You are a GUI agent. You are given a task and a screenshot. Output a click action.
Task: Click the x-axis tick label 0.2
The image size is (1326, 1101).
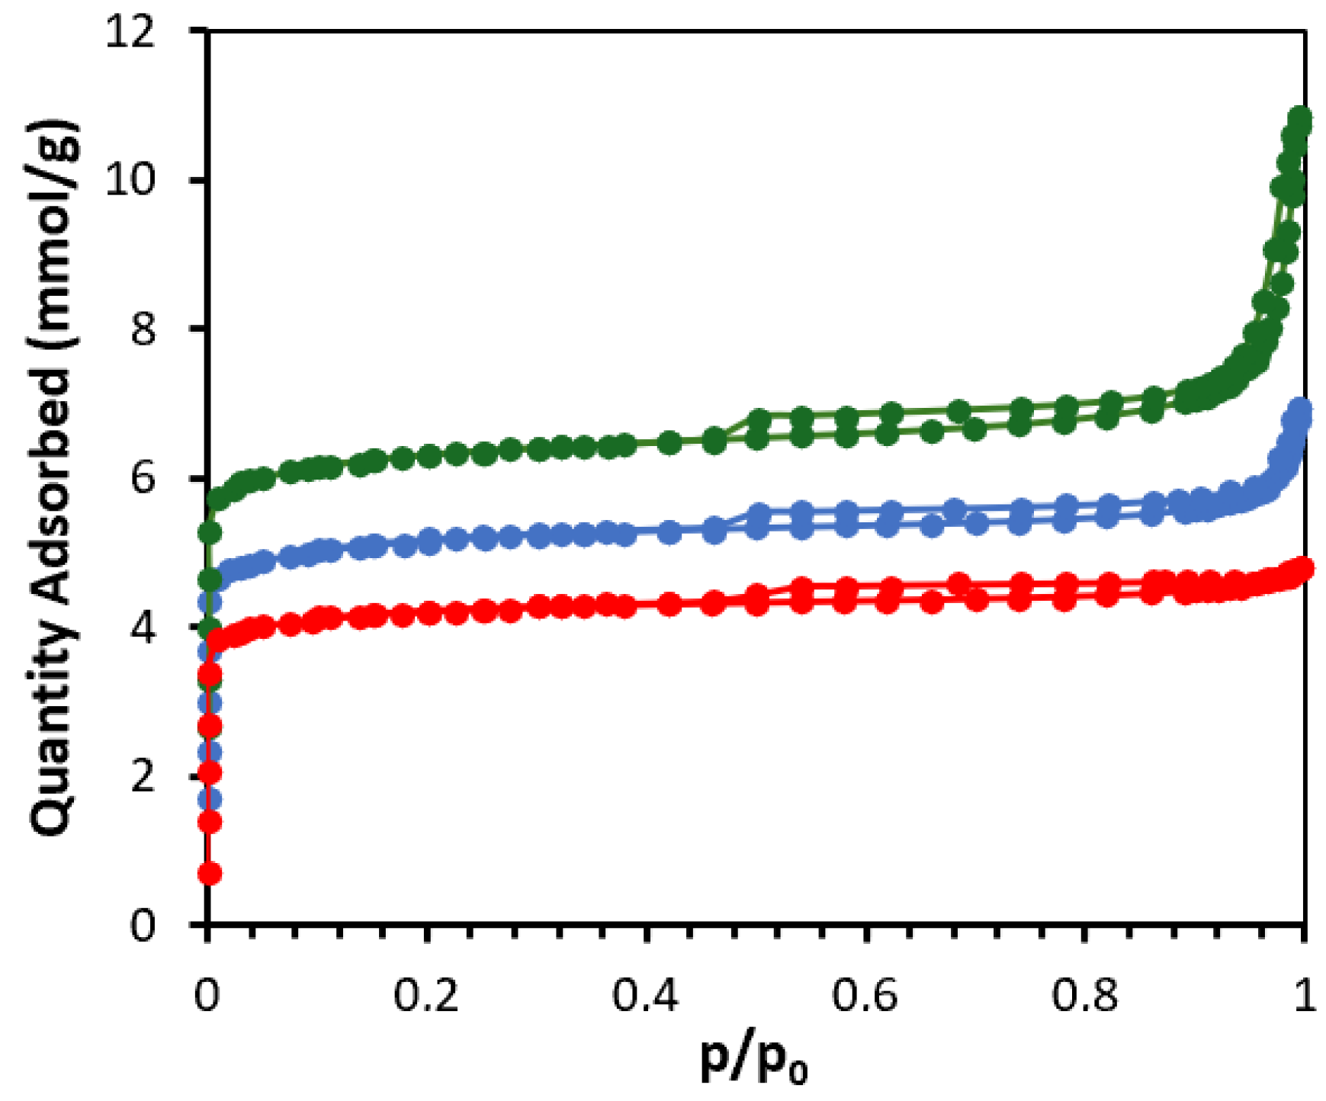point(426,996)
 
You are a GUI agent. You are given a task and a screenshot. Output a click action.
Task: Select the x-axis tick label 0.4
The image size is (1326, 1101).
point(646,996)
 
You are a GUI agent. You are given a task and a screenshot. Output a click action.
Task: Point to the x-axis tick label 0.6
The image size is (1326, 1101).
point(865,996)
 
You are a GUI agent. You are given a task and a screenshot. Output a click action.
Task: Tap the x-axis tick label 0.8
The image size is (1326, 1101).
point(1084,996)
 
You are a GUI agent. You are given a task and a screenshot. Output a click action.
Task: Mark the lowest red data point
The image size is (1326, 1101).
point(210,873)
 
